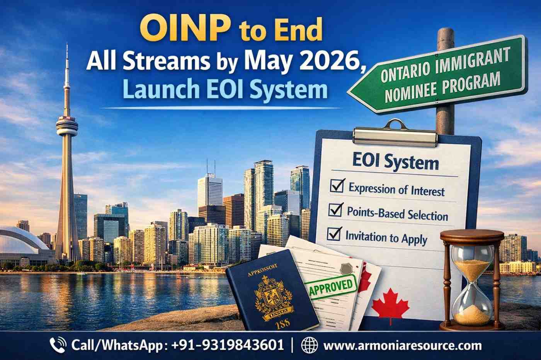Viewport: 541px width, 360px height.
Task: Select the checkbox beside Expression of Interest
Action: tap(337, 187)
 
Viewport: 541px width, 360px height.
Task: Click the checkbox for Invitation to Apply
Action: tap(333, 234)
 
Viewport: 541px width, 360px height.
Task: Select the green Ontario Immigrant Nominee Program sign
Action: tap(441, 76)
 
